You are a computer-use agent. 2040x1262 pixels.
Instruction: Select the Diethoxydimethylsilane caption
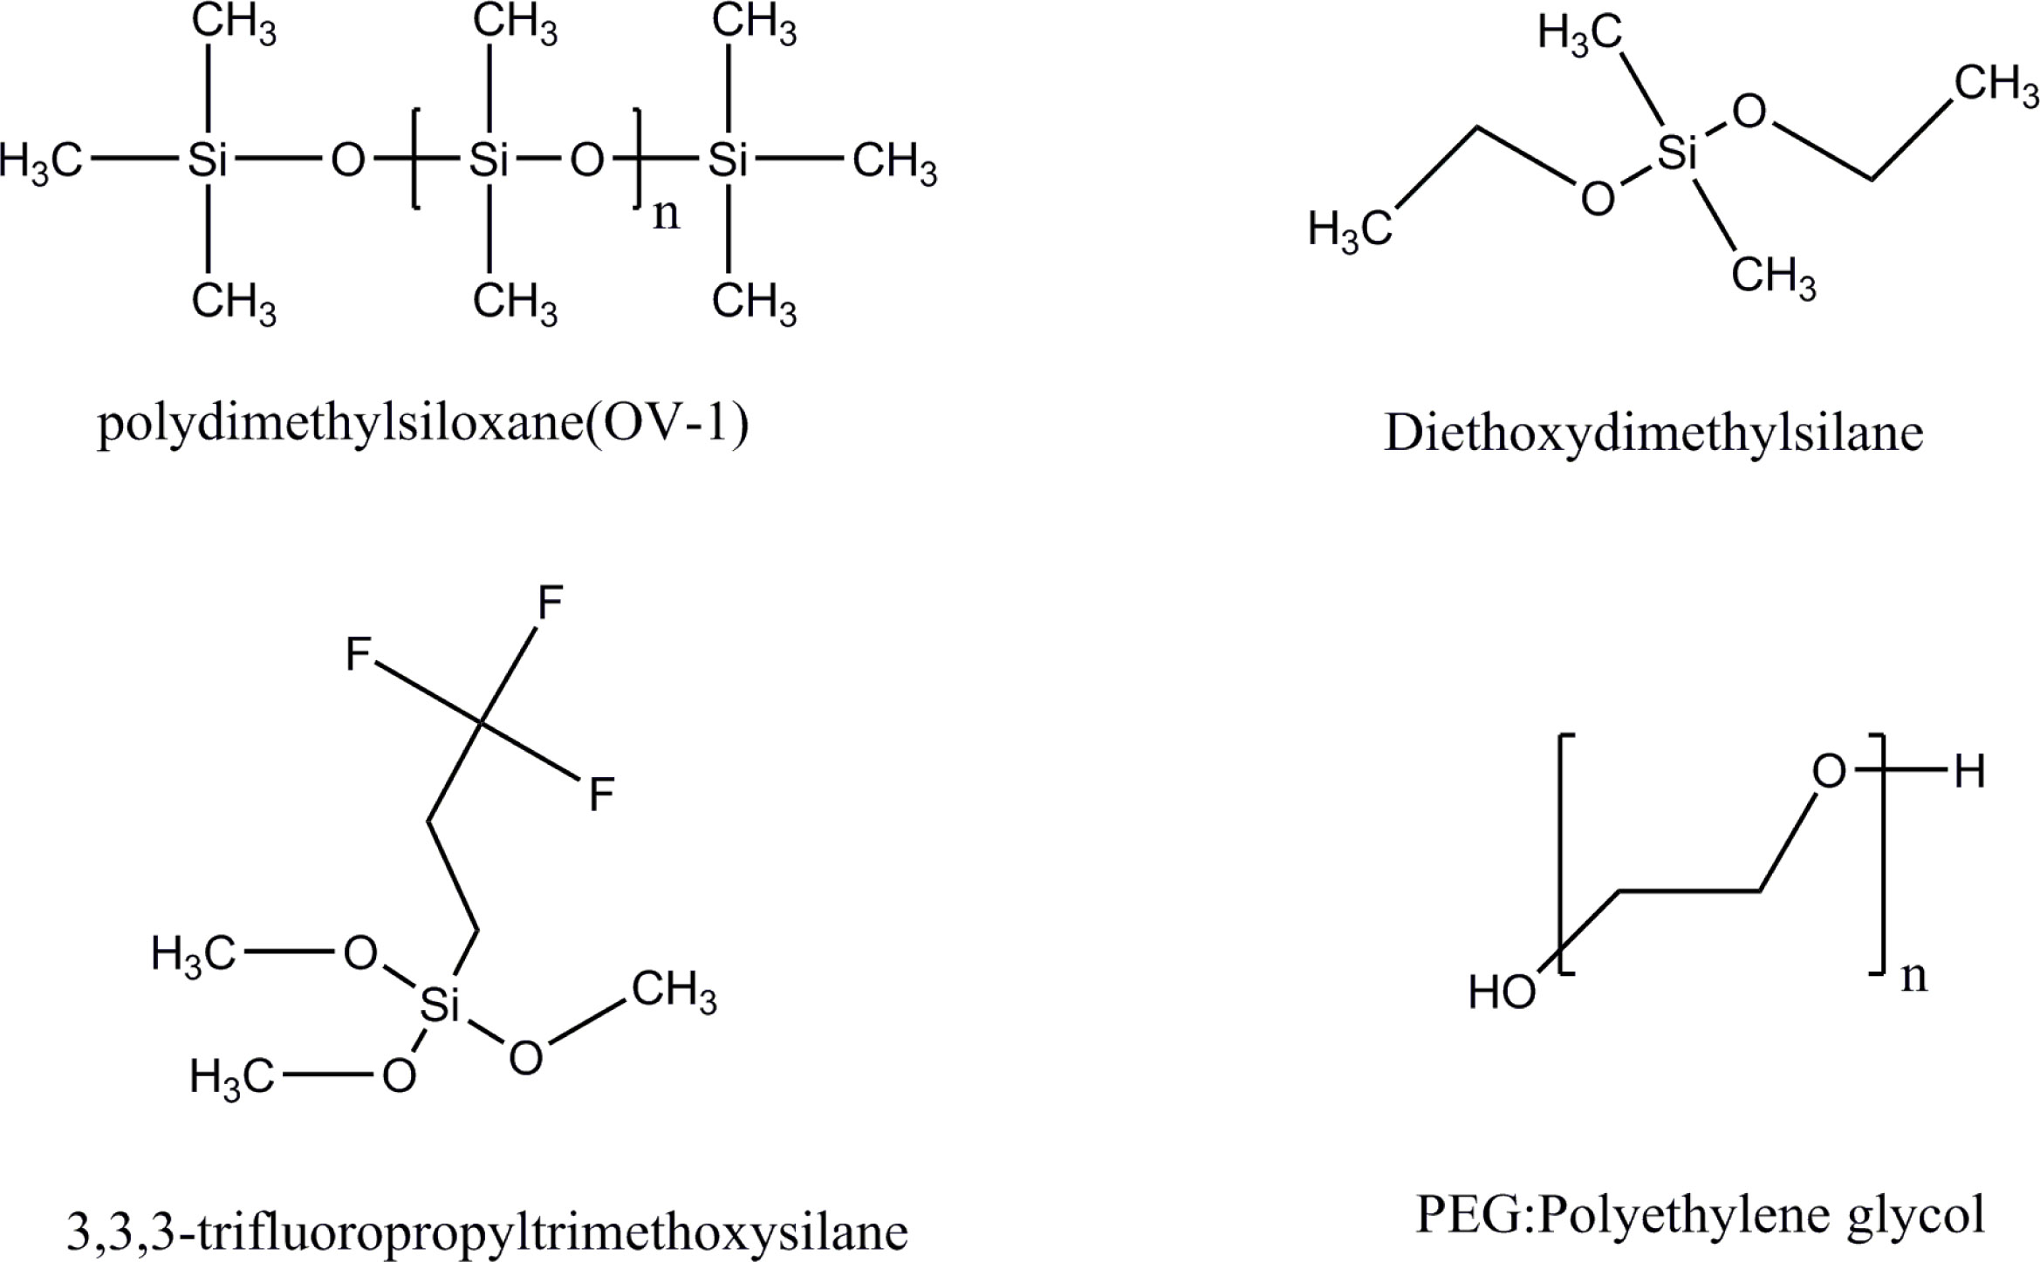click(1653, 433)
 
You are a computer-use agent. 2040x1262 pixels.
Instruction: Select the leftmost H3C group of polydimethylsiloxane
click(41, 162)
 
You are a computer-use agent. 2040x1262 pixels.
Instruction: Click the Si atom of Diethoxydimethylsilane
click(1676, 154)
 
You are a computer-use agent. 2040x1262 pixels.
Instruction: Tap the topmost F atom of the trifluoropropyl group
click(550, 602)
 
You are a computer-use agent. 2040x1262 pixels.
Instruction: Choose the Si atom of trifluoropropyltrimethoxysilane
click(439, 1006)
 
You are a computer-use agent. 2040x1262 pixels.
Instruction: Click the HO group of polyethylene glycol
click(1502, 993)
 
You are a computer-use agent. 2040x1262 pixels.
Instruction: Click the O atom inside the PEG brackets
click(1829, 772)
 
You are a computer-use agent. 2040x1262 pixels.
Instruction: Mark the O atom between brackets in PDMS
click(586, 161)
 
